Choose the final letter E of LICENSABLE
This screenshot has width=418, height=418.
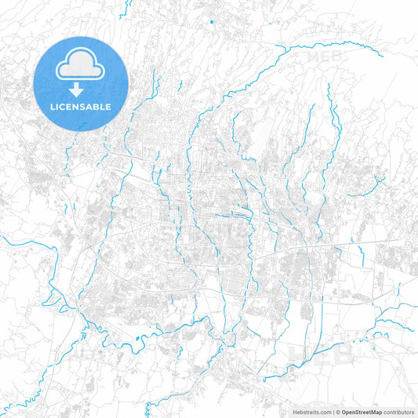click(109, 106)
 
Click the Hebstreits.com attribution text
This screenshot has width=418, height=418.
click(310, 411)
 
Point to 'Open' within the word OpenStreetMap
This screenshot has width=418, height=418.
click(348, 411)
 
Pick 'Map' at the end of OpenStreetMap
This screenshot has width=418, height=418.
click(376, 411)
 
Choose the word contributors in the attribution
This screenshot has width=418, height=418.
click(399, 411)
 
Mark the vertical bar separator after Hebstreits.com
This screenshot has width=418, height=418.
click(333, 411)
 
